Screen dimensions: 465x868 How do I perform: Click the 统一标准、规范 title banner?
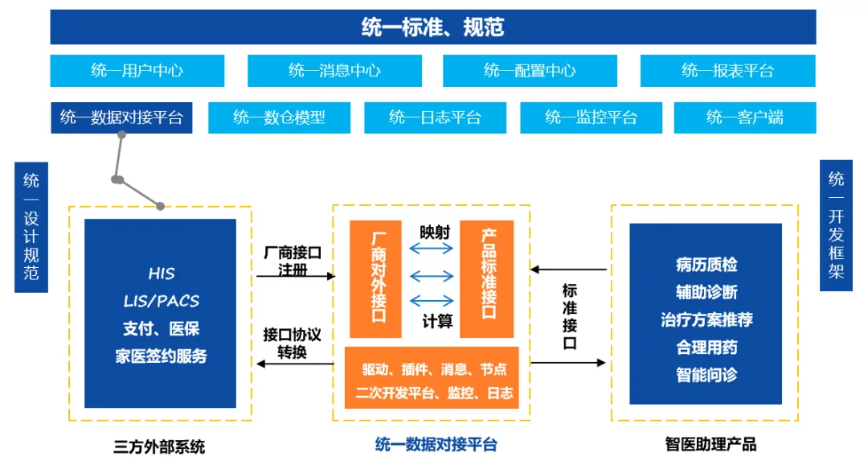coord(432,27)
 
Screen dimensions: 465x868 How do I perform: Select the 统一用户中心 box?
coord(137,71)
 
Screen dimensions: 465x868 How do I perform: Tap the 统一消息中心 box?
coord(334,71)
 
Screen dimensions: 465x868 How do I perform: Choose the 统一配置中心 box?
coord(530,71)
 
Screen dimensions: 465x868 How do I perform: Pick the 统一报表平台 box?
coord(727,71)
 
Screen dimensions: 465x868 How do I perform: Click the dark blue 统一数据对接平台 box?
coord(121,117)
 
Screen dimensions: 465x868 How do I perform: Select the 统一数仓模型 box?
coord(279,117)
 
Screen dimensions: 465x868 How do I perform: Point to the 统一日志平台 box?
coord(435,117)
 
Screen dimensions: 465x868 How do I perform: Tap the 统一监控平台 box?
coord(591,117)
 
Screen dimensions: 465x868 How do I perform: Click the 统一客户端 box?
coord(744,117)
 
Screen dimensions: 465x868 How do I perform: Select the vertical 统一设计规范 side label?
coord(31,226)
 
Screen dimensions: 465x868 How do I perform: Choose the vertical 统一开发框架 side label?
coord(836,225)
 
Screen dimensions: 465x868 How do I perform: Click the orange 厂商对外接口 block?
coord(375,278)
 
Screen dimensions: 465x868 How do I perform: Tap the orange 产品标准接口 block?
coord(486,278)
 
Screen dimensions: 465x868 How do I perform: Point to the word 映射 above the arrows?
coord(435,232)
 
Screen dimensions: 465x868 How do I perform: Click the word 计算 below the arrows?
coord(437,322)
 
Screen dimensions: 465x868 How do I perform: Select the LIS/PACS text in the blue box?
coord(161,301)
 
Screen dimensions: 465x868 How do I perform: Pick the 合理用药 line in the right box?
coord(706,348)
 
